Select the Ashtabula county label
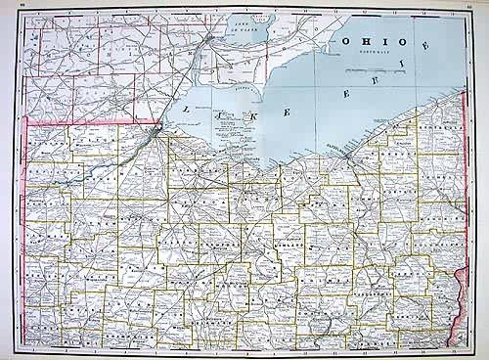(440, 128)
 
